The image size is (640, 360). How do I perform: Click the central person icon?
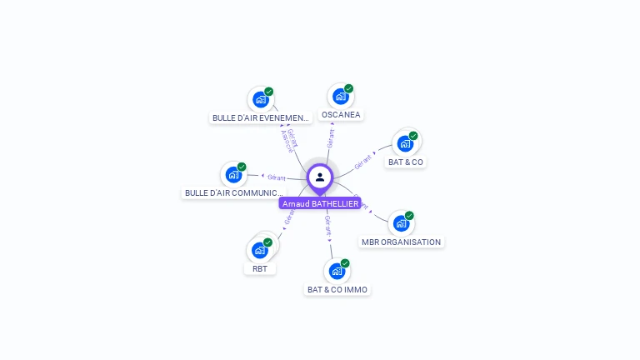320,177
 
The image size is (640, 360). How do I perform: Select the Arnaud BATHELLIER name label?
320,203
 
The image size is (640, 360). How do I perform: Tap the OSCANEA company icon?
340,97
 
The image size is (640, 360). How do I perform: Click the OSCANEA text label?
341,115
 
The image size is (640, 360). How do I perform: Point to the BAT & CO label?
406,162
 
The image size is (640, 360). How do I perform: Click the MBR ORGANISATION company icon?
401,224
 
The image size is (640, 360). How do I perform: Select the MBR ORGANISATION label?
401,242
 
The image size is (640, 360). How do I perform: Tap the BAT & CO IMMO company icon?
337,271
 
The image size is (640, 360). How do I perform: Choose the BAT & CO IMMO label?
337,289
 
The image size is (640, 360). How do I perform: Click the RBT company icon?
260,249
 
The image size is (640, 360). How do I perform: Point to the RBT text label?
260,268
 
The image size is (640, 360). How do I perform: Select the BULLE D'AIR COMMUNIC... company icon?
233,176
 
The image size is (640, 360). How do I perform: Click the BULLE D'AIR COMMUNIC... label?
234,193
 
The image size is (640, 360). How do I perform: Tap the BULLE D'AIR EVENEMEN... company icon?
260,100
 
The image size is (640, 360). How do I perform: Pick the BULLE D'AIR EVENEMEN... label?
261,118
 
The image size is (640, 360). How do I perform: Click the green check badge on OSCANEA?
349,88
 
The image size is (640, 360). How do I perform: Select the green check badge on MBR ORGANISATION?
409,216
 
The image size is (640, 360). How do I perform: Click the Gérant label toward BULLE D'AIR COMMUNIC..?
276,177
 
